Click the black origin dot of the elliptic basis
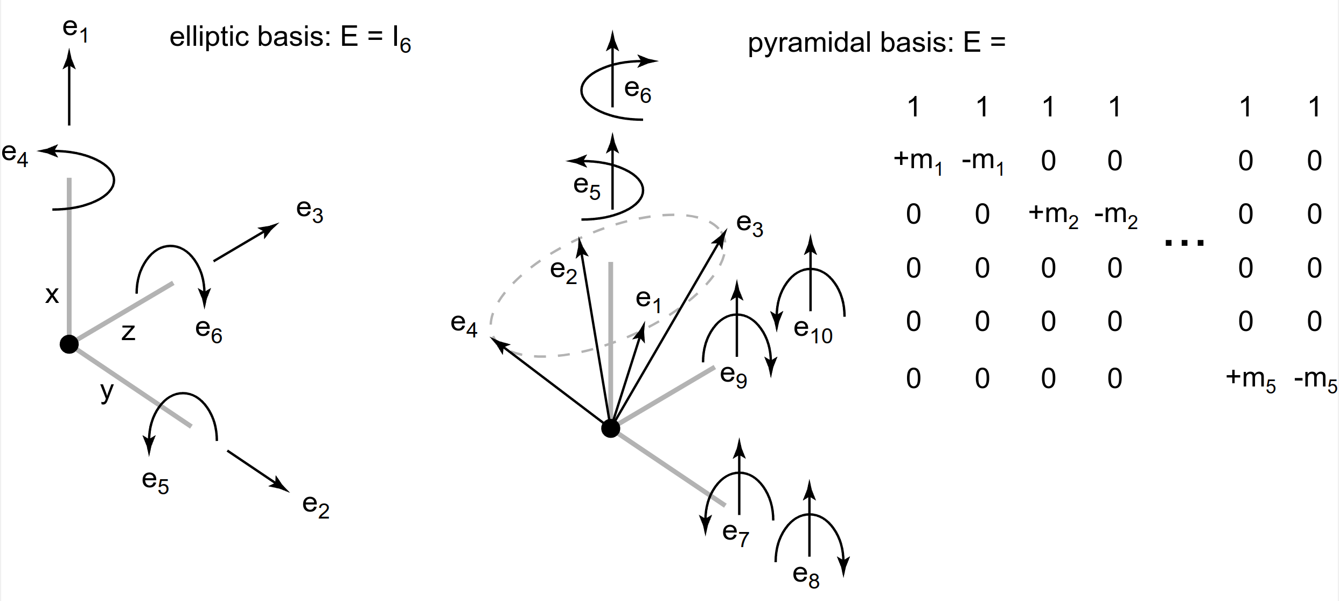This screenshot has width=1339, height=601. tap(69, 344)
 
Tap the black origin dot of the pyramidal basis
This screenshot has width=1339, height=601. tap(610, 429)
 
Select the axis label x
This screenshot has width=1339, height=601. tap(52, 295)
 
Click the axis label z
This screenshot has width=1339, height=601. tap(128, 332)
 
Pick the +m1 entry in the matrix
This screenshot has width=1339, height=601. tap(918, 161)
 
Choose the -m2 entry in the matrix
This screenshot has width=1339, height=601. tap(1115, 215)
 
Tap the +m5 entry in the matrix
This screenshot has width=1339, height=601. tap(1250, 379)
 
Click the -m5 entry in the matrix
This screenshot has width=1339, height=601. tap(1315, 379)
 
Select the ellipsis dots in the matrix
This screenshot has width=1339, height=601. tap(1184, 243)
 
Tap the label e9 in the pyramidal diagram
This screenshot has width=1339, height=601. tap(734, 375)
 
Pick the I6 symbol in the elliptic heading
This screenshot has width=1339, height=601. tap(402, 40)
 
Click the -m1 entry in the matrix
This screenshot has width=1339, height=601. tap(983, 161)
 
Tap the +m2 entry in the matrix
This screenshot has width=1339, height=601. tap(1053, 215)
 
